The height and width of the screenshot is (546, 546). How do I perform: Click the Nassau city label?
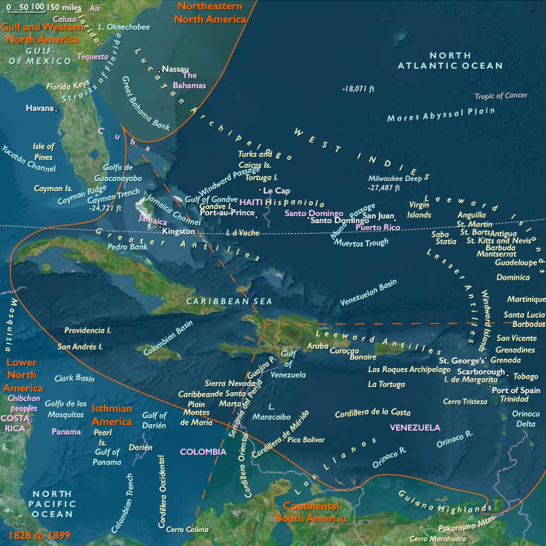click(176, 69)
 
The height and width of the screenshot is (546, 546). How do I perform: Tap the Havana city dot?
click(57, 110)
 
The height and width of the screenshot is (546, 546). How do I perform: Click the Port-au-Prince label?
click(228, 213)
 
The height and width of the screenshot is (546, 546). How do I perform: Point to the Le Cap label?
click(276, 190)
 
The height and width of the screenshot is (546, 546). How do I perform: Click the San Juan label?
click(379, 216)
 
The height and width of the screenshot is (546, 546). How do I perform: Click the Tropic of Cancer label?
click(501, 96)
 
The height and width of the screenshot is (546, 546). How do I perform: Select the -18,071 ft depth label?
click(358, 89)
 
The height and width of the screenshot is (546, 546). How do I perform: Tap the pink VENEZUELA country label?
click(415, 428)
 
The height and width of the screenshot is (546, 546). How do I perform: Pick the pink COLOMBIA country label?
click(203, 451)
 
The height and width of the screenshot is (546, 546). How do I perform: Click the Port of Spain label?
click(516, 390)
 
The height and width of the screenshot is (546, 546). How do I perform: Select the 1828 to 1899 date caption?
click(36, 536)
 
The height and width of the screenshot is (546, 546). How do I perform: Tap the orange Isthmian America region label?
click(111, 414)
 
